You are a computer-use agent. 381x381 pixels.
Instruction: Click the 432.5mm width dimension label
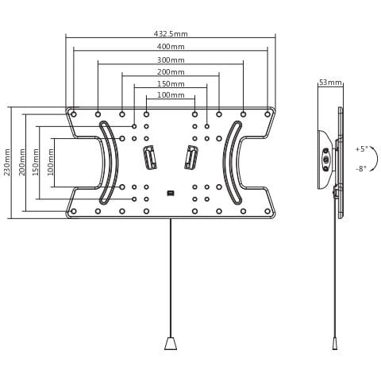coord(171,34)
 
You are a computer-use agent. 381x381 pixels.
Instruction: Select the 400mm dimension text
coord(171,47)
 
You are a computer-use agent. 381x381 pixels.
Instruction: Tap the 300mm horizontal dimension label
coord(171,60)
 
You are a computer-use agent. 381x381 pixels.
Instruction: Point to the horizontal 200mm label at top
coord(171,72)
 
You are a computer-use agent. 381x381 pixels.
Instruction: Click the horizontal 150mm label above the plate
coord(171,84)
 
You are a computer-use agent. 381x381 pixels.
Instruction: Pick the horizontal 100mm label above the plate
coord(171,94)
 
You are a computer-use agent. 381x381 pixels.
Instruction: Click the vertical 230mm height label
coord(7,162)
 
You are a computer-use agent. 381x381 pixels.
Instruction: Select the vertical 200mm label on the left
coord(22,162)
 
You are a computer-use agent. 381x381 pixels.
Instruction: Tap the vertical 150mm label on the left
coord(36,162)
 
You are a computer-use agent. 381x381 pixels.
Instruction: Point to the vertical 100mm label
coord(50,162)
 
